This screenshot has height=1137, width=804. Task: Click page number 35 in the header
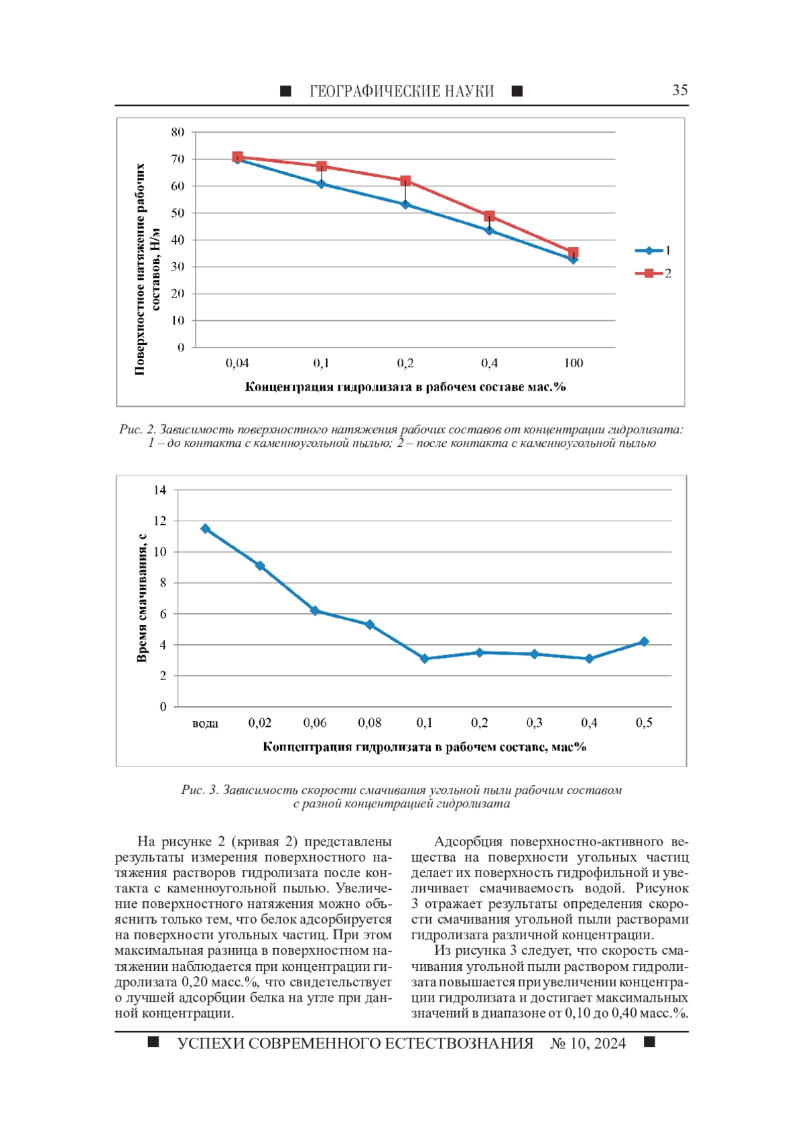coord(679,90)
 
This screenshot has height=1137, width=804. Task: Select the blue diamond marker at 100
coord(573,259)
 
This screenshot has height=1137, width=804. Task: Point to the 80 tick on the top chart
coord(178,133)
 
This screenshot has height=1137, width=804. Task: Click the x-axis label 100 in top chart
coord(573,363)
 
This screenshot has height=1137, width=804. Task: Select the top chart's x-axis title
coord(405,387)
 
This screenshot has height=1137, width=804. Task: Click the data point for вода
coord(206,529)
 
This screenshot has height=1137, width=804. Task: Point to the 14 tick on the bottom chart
coord(159,490)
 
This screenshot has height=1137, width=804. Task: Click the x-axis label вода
coord(205,723)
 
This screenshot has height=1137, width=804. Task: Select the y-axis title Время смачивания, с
coord(141,598)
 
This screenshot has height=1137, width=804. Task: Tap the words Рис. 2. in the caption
coord(137,429)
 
